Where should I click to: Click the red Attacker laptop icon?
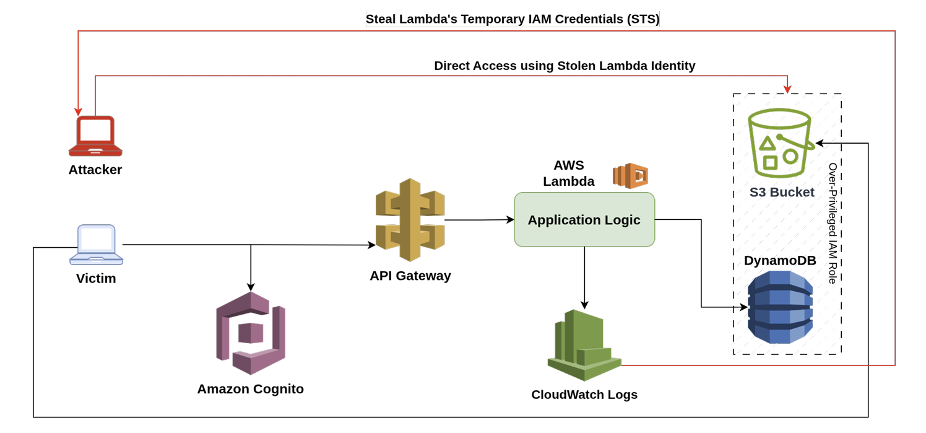point(95,136)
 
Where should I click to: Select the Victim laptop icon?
point(96,244)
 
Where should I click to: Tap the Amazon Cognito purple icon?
point(251,333)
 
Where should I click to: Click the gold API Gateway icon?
point(410,220)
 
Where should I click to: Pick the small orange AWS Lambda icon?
point(630,176)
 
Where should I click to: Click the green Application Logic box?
point(584,220)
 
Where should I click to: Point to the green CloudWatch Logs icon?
point(584,345)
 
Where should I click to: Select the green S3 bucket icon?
point(779,144)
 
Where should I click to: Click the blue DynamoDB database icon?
point(780,307)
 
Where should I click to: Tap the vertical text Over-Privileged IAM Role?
point(833,223)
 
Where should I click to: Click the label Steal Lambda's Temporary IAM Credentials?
point(513,19)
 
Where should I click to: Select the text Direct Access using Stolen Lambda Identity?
point(565,66)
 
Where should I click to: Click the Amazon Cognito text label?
point(250,389)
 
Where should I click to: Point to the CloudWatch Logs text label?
point(584,395)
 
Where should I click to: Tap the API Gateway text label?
point(410,276)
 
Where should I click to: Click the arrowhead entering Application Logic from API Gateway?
point(510,219)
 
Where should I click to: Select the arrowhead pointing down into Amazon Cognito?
point(251,287)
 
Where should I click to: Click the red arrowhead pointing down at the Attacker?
point(79,112)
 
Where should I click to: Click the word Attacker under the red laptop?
point(95,170)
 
